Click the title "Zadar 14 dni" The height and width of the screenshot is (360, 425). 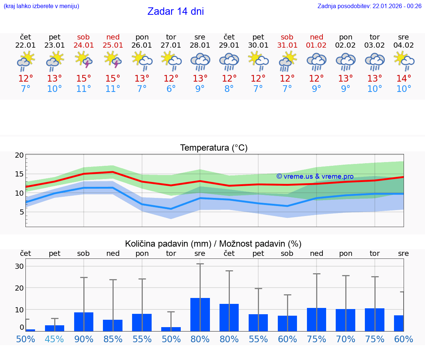176,11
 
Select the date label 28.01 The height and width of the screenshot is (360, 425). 200,45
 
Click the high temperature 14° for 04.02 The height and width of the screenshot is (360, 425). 404,79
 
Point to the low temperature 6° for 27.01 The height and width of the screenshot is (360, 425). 171,89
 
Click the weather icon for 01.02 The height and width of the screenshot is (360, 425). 316,61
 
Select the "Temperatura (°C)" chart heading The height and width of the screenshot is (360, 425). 214,148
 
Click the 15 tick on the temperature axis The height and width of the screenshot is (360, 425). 19,174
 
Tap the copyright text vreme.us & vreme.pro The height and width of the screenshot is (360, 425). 315,176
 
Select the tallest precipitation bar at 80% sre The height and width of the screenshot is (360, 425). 200,314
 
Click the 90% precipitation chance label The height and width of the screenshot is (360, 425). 84,339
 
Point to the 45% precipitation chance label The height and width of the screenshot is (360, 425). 55,339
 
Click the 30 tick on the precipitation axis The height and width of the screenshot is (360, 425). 19,266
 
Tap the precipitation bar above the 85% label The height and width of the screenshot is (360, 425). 113,325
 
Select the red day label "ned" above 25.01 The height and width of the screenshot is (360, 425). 113,37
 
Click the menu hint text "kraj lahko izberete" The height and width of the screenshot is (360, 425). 41,6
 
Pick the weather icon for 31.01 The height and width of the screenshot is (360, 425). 287,61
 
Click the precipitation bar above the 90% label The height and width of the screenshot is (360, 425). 84,322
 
